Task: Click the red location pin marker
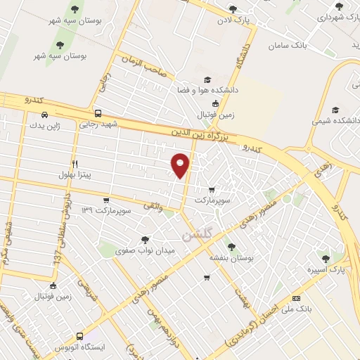pyautogui.click(x=181, y=165)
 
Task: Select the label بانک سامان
pyautogui.click(x=288, y=45)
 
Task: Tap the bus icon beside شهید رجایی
pyautogui.click(x=97, y=113)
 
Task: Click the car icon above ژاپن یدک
pyautogui.click(x=45, y=115)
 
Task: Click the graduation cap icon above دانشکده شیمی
pyautogui.click(x=335, y=110)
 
